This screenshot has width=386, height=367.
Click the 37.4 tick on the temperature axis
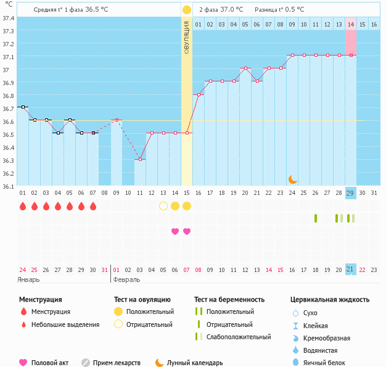(x=9, y=18)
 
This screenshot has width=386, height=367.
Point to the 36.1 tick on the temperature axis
(x=9, y=186)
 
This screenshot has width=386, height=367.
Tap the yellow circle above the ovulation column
(x=187, y=10)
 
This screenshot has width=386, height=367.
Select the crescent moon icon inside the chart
(x=293, y=179)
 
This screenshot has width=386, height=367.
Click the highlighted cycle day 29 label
(x=350, y=193)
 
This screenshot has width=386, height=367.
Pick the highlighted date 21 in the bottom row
(x=350, y=269)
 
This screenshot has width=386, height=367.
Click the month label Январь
(x=29, y=279)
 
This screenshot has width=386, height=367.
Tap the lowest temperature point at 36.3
(x=140, y=160)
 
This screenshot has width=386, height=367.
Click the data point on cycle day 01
(x=23, y=107)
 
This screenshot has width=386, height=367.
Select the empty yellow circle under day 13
(x=163, y=206)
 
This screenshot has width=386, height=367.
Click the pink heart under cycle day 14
(x=175, y=231)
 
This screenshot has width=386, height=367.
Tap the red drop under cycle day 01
(x=23, y=206)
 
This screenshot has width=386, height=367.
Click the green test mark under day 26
(x=316, y=218)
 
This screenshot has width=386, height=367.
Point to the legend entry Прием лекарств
(x=117, y=363)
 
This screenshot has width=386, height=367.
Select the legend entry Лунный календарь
(x=194, y=363)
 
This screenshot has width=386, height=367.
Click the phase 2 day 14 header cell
(x=350, y=24)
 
